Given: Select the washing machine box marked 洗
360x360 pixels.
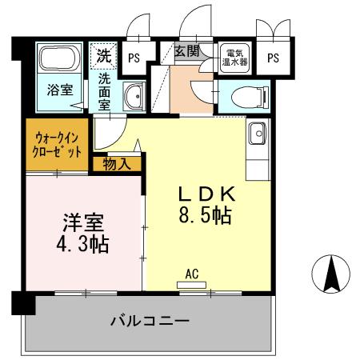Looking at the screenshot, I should tap(103, 56).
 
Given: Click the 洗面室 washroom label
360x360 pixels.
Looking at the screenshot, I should tap(105, 90).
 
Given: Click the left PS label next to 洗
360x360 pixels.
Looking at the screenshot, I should tap(135, 57).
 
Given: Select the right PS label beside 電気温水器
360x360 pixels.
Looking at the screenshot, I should tap(273, 57).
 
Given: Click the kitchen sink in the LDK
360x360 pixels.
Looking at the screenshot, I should tap(258, 134).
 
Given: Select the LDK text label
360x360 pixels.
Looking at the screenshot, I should tap(206, 194).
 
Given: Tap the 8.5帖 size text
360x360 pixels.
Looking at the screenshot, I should tap(206, 216).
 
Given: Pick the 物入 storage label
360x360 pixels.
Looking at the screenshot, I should tap(117, 164).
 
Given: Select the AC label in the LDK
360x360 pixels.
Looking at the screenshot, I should tap(191, 274).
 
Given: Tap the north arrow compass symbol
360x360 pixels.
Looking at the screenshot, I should tap(330, 274).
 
